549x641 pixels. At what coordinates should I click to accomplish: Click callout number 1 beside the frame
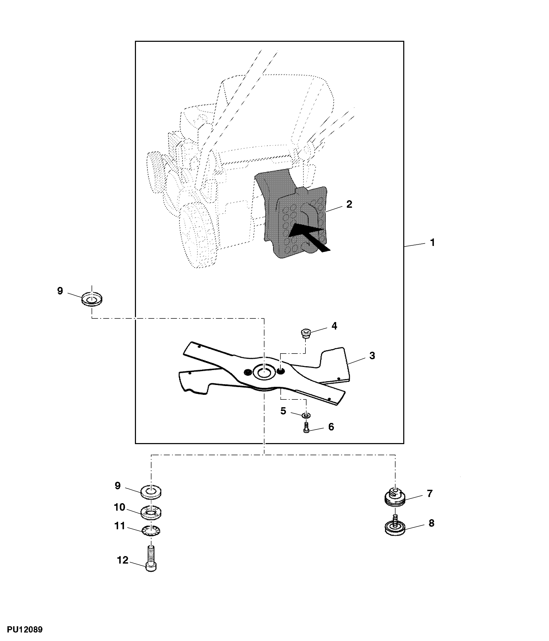tap(432, 242)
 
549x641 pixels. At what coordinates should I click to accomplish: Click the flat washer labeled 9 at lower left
tap(151, 492)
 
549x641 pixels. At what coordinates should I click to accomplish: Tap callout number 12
tap(123, 560)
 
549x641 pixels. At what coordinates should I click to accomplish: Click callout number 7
tap(430, 493)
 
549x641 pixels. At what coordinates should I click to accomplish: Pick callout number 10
tap(119, 507)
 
